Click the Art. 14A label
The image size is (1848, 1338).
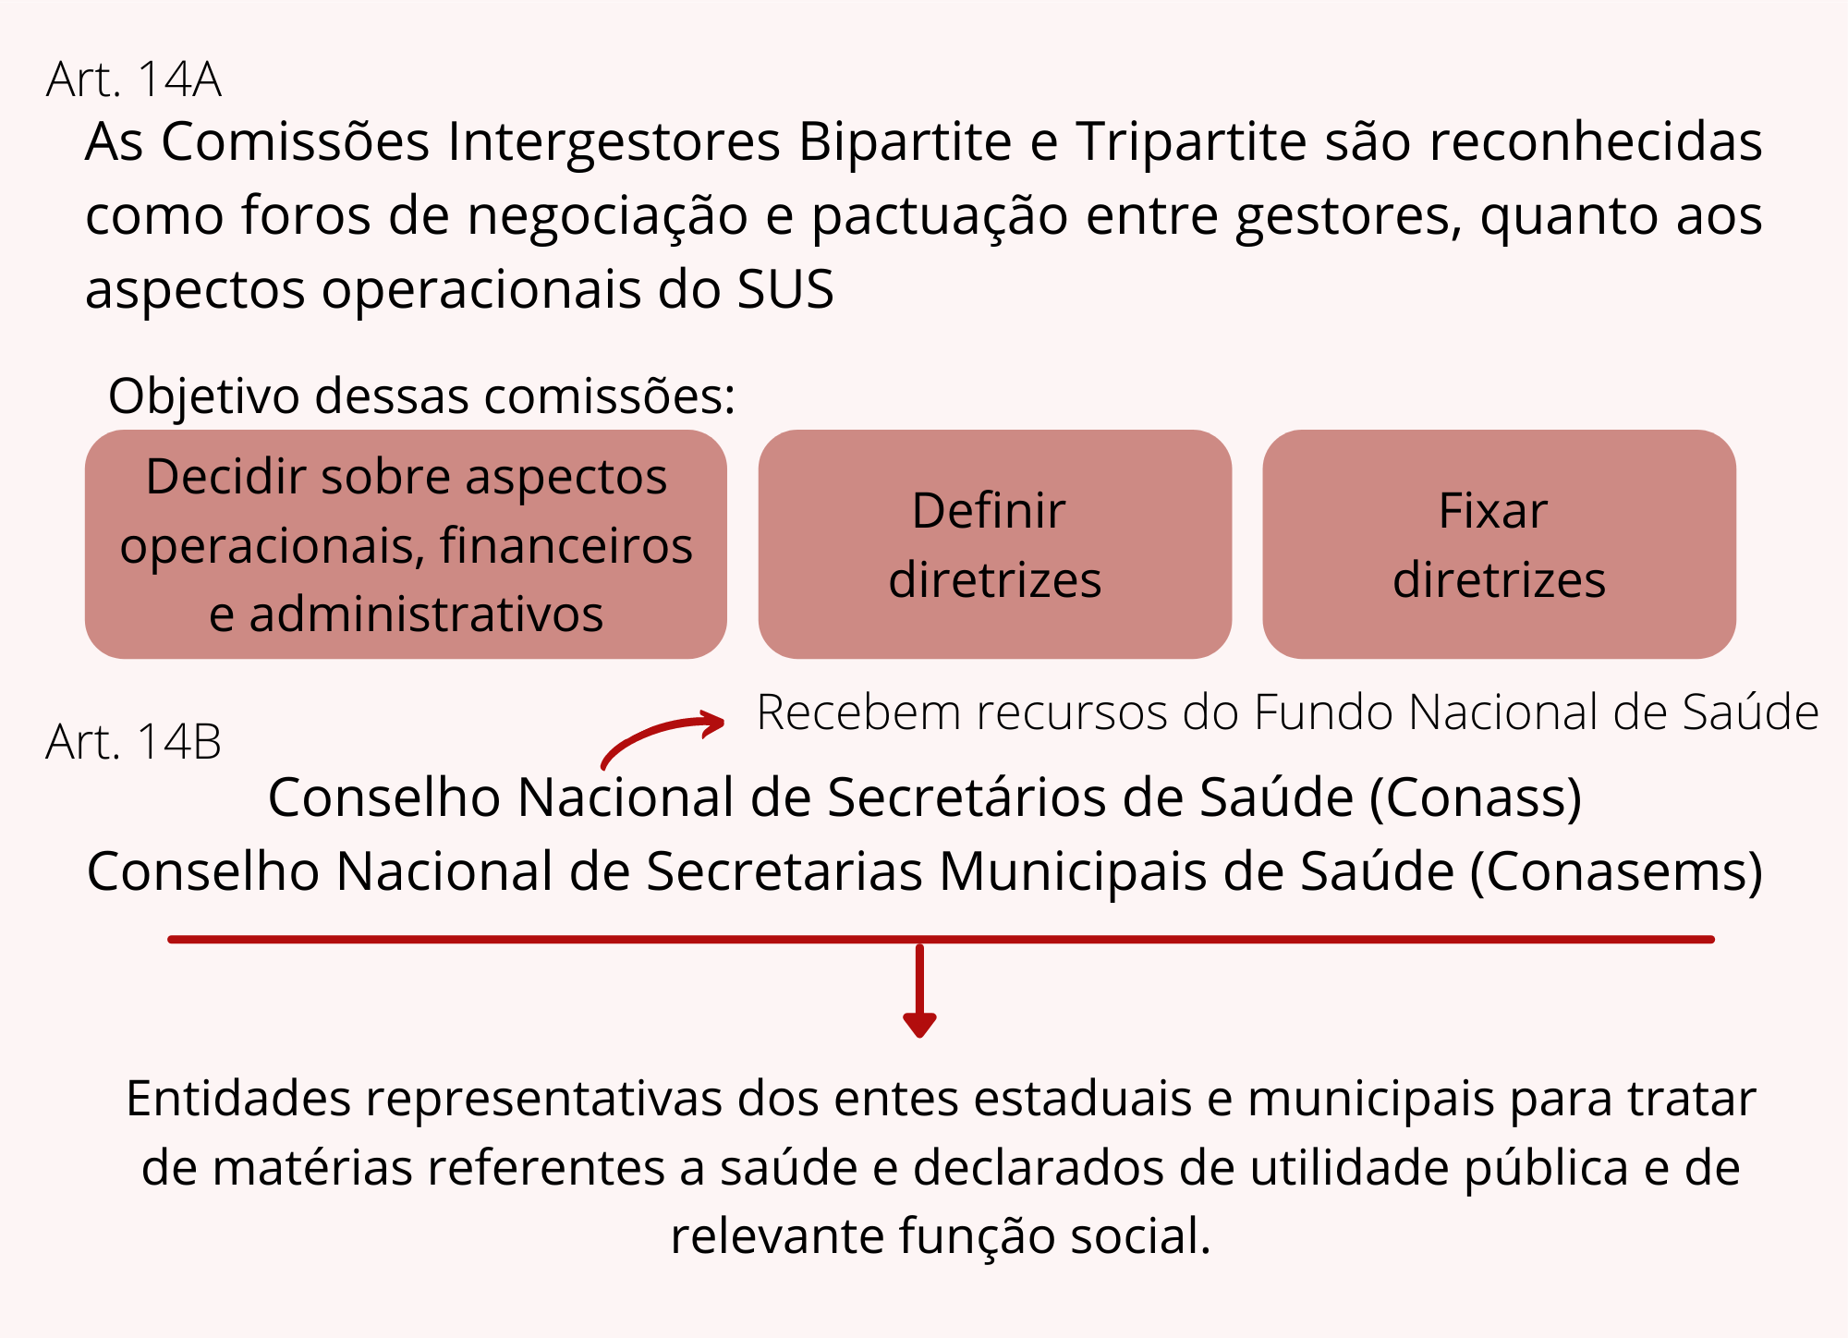click(x=134, y=79)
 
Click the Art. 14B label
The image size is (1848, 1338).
click(x=134, y=742)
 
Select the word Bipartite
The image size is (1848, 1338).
click(x=905, y=142)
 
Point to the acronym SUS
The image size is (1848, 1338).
click(x=785, y=289)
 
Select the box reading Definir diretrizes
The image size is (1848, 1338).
click(x=994, y=544)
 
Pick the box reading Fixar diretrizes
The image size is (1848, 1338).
click(x=1499, y=544)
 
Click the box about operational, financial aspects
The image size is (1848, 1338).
click(x=406, y=544)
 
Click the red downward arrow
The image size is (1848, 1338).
click(x=919, y=993)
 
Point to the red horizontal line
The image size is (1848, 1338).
click(x=1294, y=939)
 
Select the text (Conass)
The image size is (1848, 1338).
click(x=1476, y=797)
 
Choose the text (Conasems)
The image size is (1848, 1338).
click(x=1616, y=871)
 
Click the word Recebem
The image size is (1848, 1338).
click(x=846, y=712)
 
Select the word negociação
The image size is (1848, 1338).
click(x=607, y=216)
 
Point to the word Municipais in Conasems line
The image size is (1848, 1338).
click(x=1072, y=871)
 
